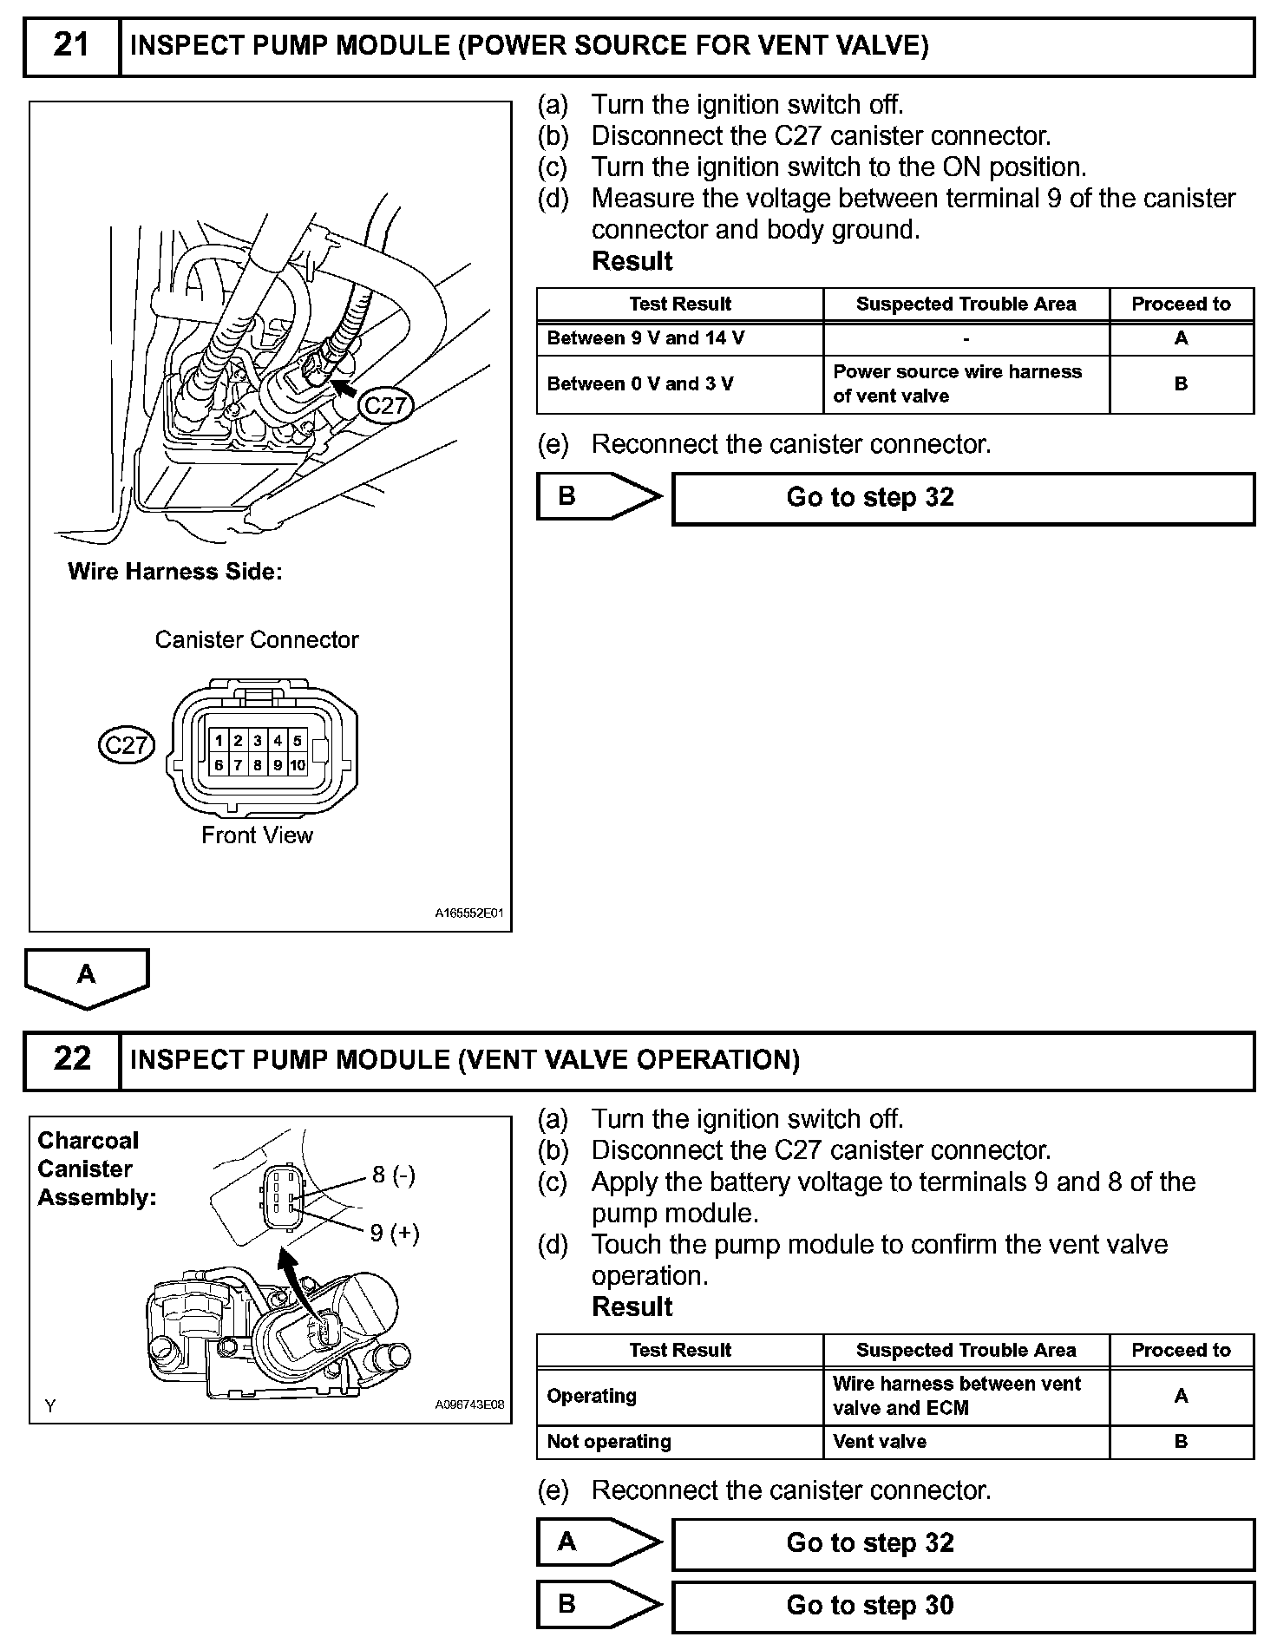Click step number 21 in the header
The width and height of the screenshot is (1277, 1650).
point(71,45)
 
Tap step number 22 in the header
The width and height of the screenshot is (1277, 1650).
point(71,1059)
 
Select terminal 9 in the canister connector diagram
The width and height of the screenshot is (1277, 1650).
point(278,764)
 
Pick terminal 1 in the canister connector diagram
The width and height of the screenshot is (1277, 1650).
point(219,740)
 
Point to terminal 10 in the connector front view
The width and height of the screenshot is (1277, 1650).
point(298,764)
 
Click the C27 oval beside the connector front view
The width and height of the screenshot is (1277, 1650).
point(127,745)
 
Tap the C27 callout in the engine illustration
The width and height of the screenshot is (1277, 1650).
point(385,406)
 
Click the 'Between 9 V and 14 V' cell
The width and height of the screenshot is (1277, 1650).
point(679,338)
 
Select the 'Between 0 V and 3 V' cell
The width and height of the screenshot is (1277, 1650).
point(679,383)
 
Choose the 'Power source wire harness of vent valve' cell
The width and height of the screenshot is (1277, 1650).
point(966,383)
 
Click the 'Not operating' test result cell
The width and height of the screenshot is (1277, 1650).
point(679,1441)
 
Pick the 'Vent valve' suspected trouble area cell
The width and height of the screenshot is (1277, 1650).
point(966,1441)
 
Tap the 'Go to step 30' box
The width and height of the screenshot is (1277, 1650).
point(963,1605)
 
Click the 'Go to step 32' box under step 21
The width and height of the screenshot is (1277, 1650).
point(963,498)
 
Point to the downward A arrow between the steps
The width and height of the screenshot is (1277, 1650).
point(87,977)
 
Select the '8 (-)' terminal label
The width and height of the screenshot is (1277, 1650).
point(394,1175)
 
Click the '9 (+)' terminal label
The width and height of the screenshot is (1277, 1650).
point(395,1233)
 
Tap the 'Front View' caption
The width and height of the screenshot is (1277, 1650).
point(257,835)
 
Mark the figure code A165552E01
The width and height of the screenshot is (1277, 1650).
point(469,913)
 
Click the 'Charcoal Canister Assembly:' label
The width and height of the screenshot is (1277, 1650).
point(96,1169)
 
